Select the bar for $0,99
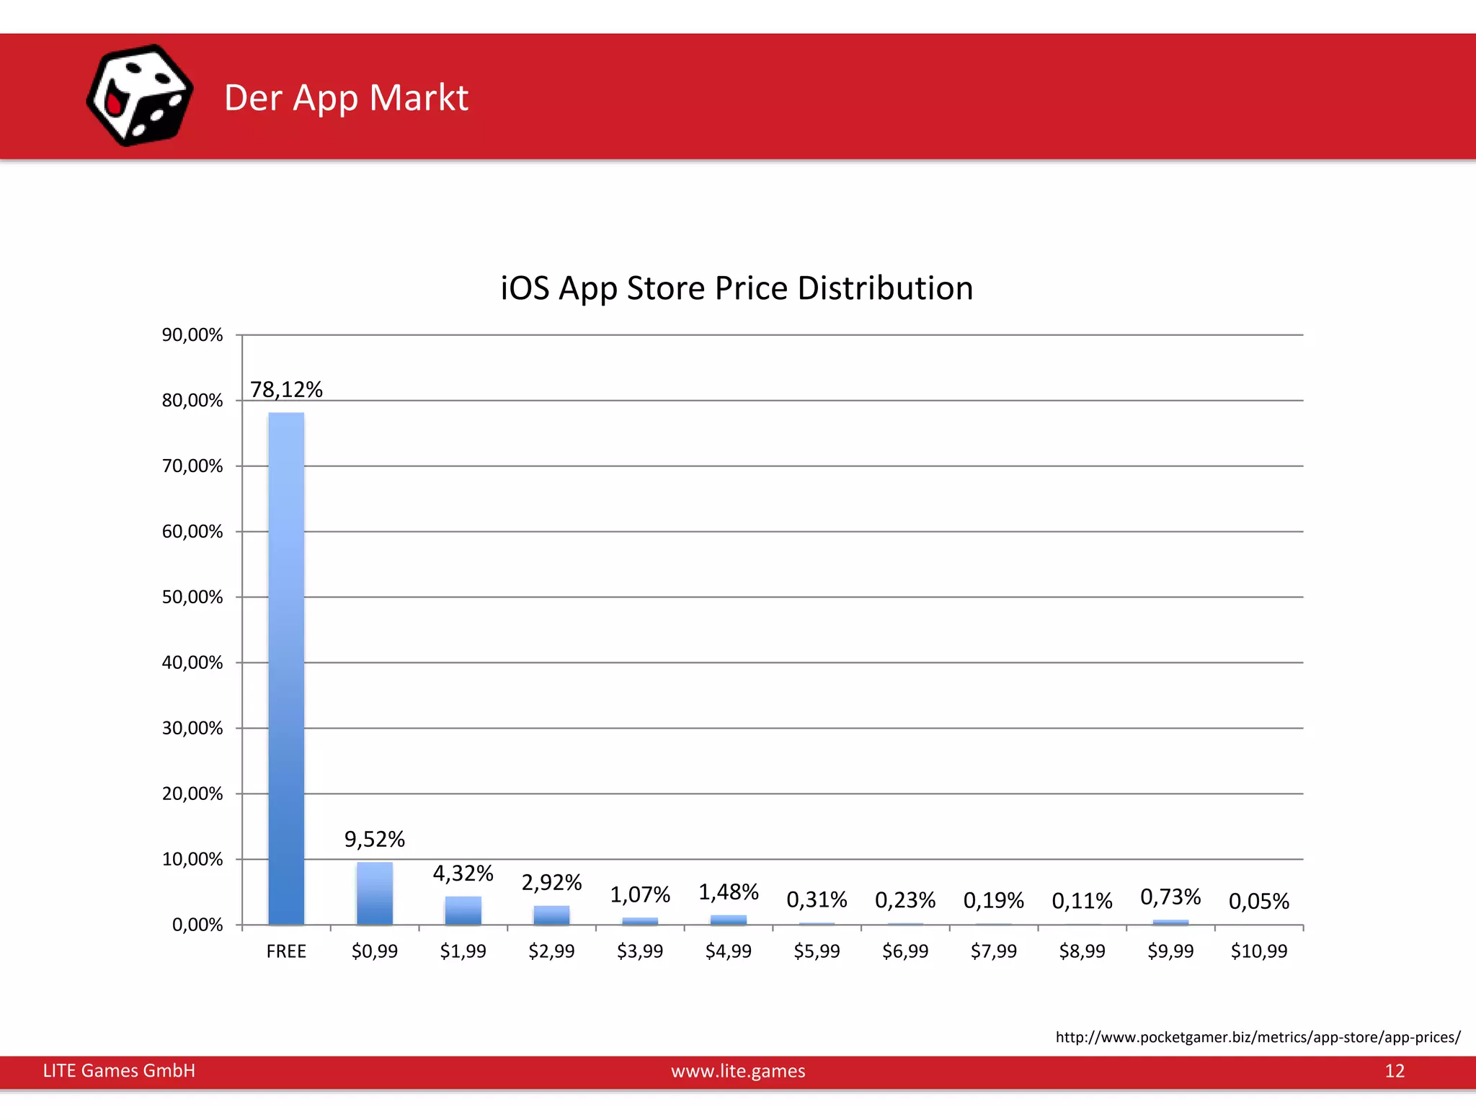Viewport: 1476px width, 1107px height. (375, 894)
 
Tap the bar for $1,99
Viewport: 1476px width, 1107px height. (463, 911)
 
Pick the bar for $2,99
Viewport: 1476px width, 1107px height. (551, 915)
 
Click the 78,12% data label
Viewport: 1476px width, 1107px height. (286, 390)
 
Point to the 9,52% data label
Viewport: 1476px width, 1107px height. (375, 840)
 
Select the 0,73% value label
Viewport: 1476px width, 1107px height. (1170, 897)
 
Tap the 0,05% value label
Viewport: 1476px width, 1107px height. (1258, 902)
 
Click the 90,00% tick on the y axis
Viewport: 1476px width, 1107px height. (192, 335)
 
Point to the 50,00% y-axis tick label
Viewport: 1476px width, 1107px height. (192, 597)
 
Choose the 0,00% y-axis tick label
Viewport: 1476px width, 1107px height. (197, 925)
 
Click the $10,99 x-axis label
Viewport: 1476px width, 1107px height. (1258, 951)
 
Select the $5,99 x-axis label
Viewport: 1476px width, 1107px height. (817, 951)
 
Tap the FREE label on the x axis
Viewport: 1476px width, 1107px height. (286, 951)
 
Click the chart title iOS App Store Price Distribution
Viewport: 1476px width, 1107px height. (737, 288)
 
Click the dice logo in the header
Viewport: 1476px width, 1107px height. (139, 96)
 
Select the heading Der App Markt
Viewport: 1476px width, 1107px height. (346, 98)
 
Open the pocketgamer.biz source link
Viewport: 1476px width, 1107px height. (1258, 1037)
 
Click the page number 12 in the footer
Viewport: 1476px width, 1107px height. (1395, 1071)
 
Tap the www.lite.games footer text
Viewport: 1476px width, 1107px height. (738, 1071)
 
